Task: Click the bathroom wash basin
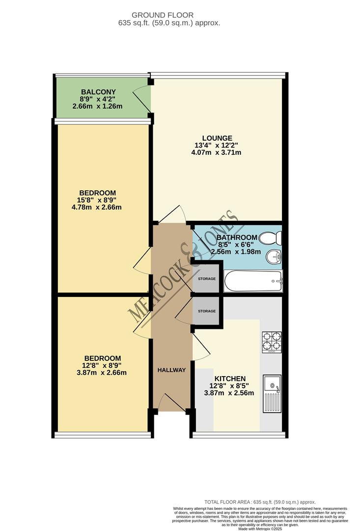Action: coord(273,257)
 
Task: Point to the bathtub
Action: coord(253,282)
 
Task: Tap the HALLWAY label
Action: coord(171,370)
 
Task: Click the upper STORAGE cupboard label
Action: coord(206,279)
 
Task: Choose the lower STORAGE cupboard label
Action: coord(206,311)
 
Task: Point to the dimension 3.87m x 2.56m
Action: coord(229,393)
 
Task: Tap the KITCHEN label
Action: coord(229,379)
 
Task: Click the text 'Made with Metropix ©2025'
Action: coord(260,529)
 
